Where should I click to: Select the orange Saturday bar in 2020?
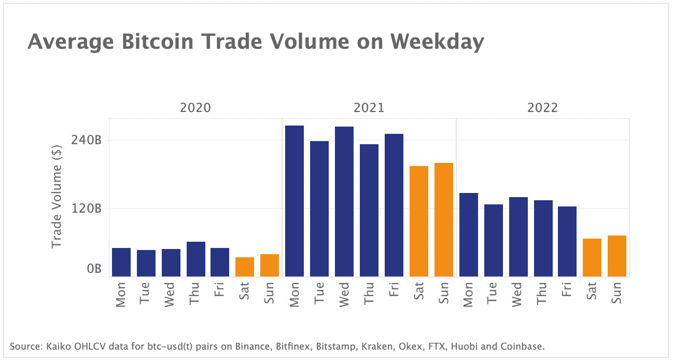(245, 267)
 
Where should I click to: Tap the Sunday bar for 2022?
(617, 256)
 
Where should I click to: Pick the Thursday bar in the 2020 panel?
(196, 259)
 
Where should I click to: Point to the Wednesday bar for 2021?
(344, 202)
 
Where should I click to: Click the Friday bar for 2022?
(567, 242)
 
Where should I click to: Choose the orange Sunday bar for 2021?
(444, 220)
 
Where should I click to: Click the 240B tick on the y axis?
(87, 140)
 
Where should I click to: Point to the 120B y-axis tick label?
(87, 209)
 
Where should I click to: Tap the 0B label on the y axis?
(93, 269)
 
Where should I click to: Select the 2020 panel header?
(195, 108)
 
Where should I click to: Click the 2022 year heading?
(543, 108)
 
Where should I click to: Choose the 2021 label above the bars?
(369, 108)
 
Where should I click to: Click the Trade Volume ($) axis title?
(57, 197)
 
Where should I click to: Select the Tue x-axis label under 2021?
(319, 293)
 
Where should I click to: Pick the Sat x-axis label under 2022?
(592, 293)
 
